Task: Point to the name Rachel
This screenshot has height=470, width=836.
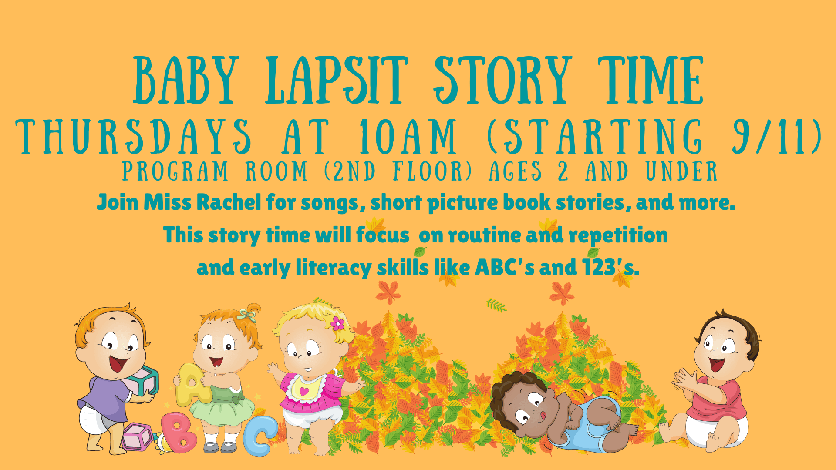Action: click(x=229, y=202)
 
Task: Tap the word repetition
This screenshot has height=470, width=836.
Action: click(x=618, y=235)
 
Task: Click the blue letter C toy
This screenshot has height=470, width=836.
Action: click(x=260, y=436)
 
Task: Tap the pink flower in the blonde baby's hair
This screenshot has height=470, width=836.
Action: click(x=337, y=323)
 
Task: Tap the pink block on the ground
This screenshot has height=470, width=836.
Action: click(x=137, y=436)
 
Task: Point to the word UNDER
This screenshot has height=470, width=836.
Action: click(x=681, y=171)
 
